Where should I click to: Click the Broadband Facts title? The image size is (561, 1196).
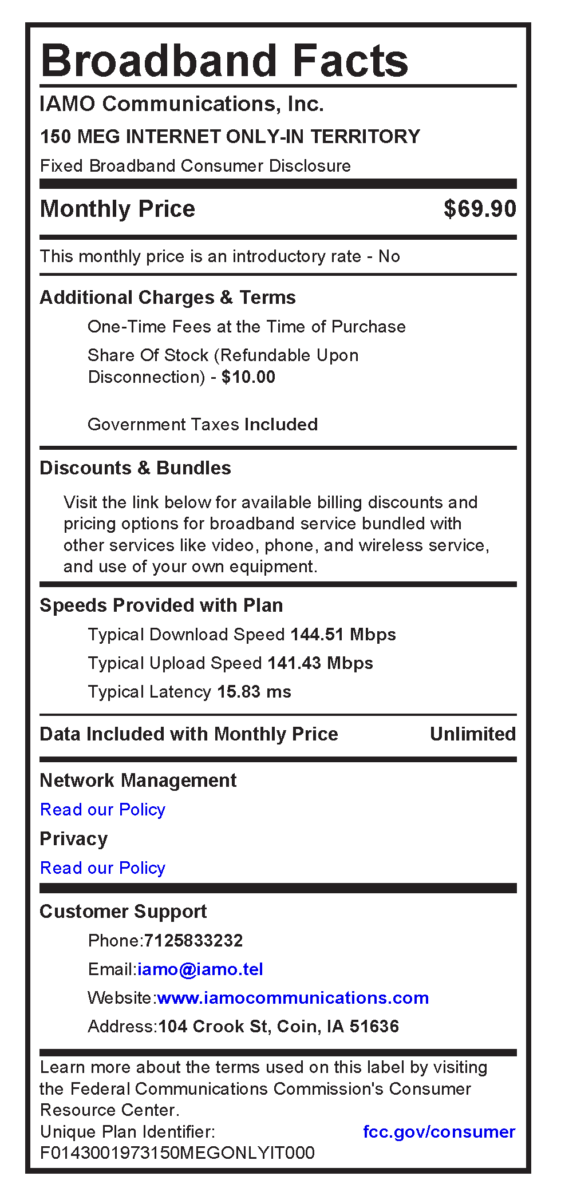coord(224,61)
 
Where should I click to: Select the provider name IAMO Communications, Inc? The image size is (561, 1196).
coord(181,104)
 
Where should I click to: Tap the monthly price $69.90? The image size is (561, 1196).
coord(480,209)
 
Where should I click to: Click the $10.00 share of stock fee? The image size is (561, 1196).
coord(248,377)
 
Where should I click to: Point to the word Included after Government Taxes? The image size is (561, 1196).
coord(281,425)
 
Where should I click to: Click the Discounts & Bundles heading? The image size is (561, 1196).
coord(135,468)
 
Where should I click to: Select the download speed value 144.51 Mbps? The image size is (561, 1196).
coord(343,635)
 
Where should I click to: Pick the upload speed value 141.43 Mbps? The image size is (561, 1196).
coord(320,663)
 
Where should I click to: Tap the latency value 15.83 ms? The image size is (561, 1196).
coord(254,692)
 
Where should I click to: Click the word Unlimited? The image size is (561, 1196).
coord(472,734)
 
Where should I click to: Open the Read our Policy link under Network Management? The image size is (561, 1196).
coord(102,810)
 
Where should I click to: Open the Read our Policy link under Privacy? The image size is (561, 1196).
coord(102,868)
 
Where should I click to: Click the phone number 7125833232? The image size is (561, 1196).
coord(193,941)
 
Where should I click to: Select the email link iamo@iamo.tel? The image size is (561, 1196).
coord(200,969)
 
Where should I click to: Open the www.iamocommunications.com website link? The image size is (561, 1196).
coord(293,998)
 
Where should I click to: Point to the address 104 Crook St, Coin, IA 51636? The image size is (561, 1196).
coord(278,1027)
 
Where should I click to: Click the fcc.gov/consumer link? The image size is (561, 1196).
coord(439,1132)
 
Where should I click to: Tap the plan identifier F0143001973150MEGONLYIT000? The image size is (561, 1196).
coord(177,1153)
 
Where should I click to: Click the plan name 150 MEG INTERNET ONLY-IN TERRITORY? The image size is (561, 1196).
coord(230,137)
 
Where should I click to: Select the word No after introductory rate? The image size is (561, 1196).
coord(389,256)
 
